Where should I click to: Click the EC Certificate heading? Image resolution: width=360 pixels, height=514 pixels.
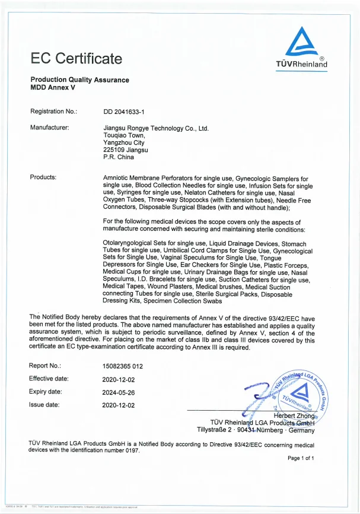[x=77, y=58]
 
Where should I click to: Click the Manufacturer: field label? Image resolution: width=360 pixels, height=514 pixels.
[x=50, y=128]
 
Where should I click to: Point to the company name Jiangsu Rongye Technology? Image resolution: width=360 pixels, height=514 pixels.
[x=156, y=128]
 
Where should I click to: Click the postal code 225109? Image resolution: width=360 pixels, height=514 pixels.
[x=113, y=150]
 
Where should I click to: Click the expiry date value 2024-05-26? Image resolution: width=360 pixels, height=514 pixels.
[x=119, y=392]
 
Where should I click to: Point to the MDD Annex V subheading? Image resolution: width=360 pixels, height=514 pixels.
[x=53, y=87]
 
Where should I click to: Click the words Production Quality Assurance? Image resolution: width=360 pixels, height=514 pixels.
[x=79, y=80]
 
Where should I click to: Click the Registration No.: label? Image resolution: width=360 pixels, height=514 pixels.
[x=53, y=111]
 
